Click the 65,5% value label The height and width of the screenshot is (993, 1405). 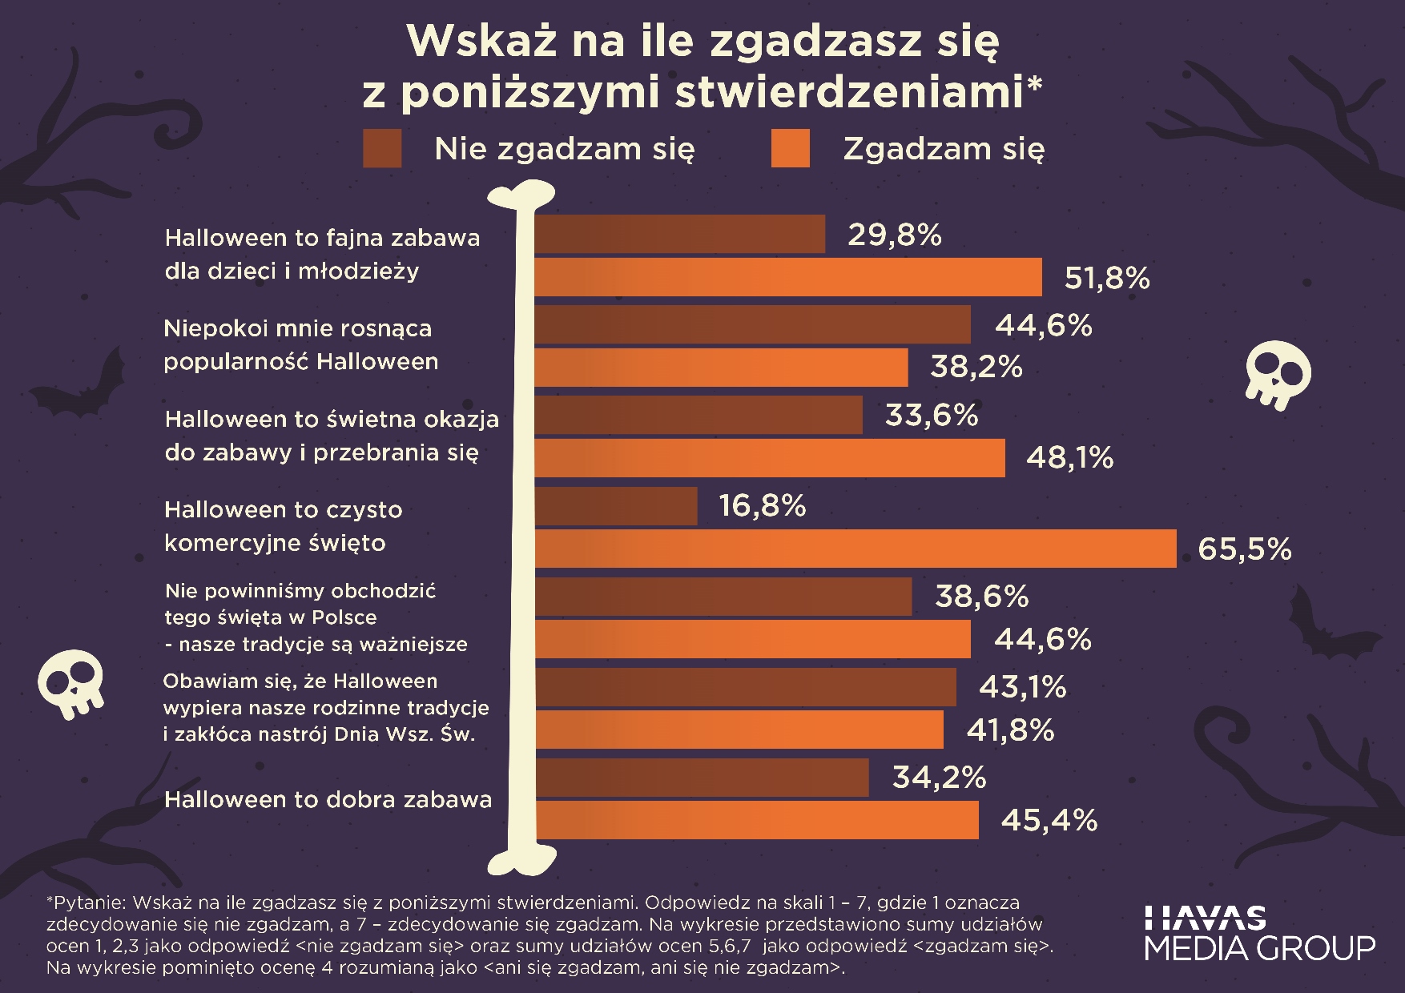point(1245,549)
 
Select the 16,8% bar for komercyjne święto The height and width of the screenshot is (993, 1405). point(615,506)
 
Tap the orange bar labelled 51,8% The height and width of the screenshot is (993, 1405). point(788,277)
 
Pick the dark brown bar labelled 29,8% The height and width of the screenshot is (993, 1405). point(679,234)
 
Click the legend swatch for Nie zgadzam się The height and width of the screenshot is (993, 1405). point(382,148)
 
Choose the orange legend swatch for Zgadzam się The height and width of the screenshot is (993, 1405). point(790,148)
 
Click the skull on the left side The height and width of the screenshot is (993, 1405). point(70,683)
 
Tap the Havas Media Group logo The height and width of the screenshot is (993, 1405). point(1259,934)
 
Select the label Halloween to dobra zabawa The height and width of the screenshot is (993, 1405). point(328,799)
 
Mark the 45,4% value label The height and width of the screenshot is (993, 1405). point(1049,820)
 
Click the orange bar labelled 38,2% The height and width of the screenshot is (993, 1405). point(721,368)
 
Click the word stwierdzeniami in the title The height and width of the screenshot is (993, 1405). point(849,92)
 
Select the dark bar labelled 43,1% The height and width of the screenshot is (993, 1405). point(745,687)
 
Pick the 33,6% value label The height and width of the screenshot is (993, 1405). point(931,416)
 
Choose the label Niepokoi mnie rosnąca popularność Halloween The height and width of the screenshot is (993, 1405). point(300,344)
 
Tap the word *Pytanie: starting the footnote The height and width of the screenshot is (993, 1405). point(86,903)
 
